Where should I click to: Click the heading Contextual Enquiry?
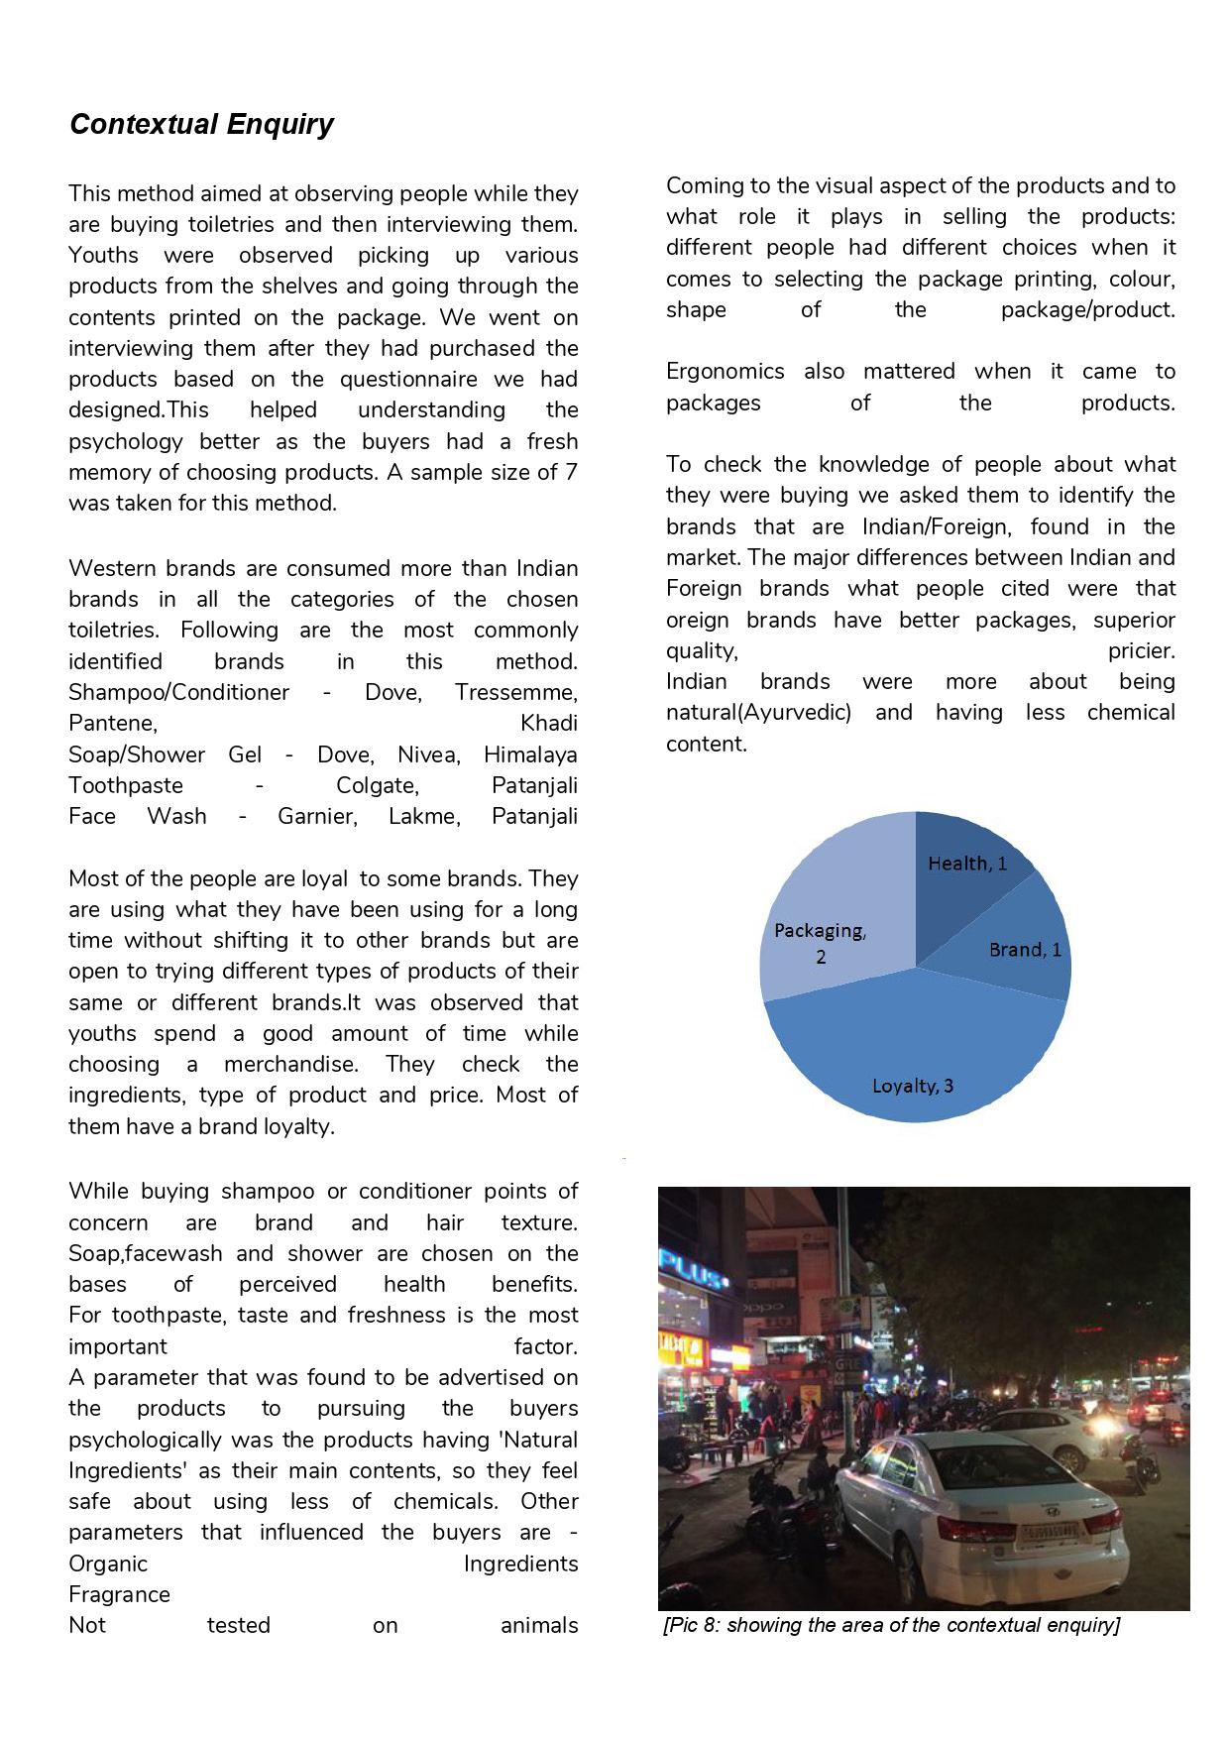point(201,124)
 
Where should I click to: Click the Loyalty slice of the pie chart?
point(912,1051)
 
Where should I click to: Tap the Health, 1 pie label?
point(966,864)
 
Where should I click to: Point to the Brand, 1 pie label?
point(1025,950)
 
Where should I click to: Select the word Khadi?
point(548,723)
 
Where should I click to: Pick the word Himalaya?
point(530,754)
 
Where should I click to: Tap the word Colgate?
point(378,785)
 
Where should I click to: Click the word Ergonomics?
point(725,372)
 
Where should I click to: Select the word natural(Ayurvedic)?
point(758,713)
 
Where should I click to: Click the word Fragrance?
point(119,1594)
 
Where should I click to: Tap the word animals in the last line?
point(539,1625)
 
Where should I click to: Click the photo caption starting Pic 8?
point(891,1625)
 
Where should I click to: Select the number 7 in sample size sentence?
point(571,472)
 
